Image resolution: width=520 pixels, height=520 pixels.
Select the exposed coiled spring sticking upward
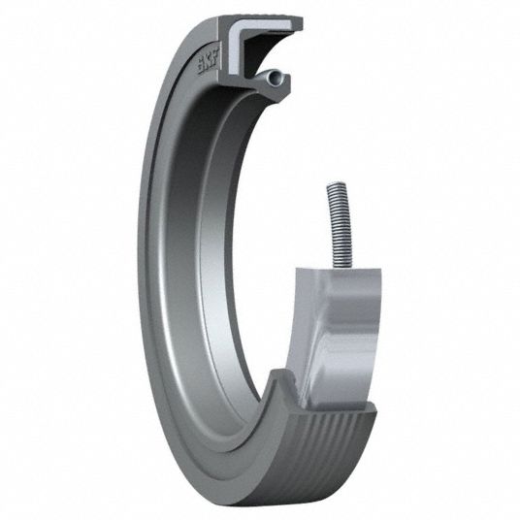click(340, 225)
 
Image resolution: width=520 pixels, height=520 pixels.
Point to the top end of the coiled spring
click(334, 183)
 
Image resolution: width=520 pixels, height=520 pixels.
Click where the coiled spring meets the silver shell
click(342, 268)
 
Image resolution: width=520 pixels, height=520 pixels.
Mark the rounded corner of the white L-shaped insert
click(235, 27)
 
